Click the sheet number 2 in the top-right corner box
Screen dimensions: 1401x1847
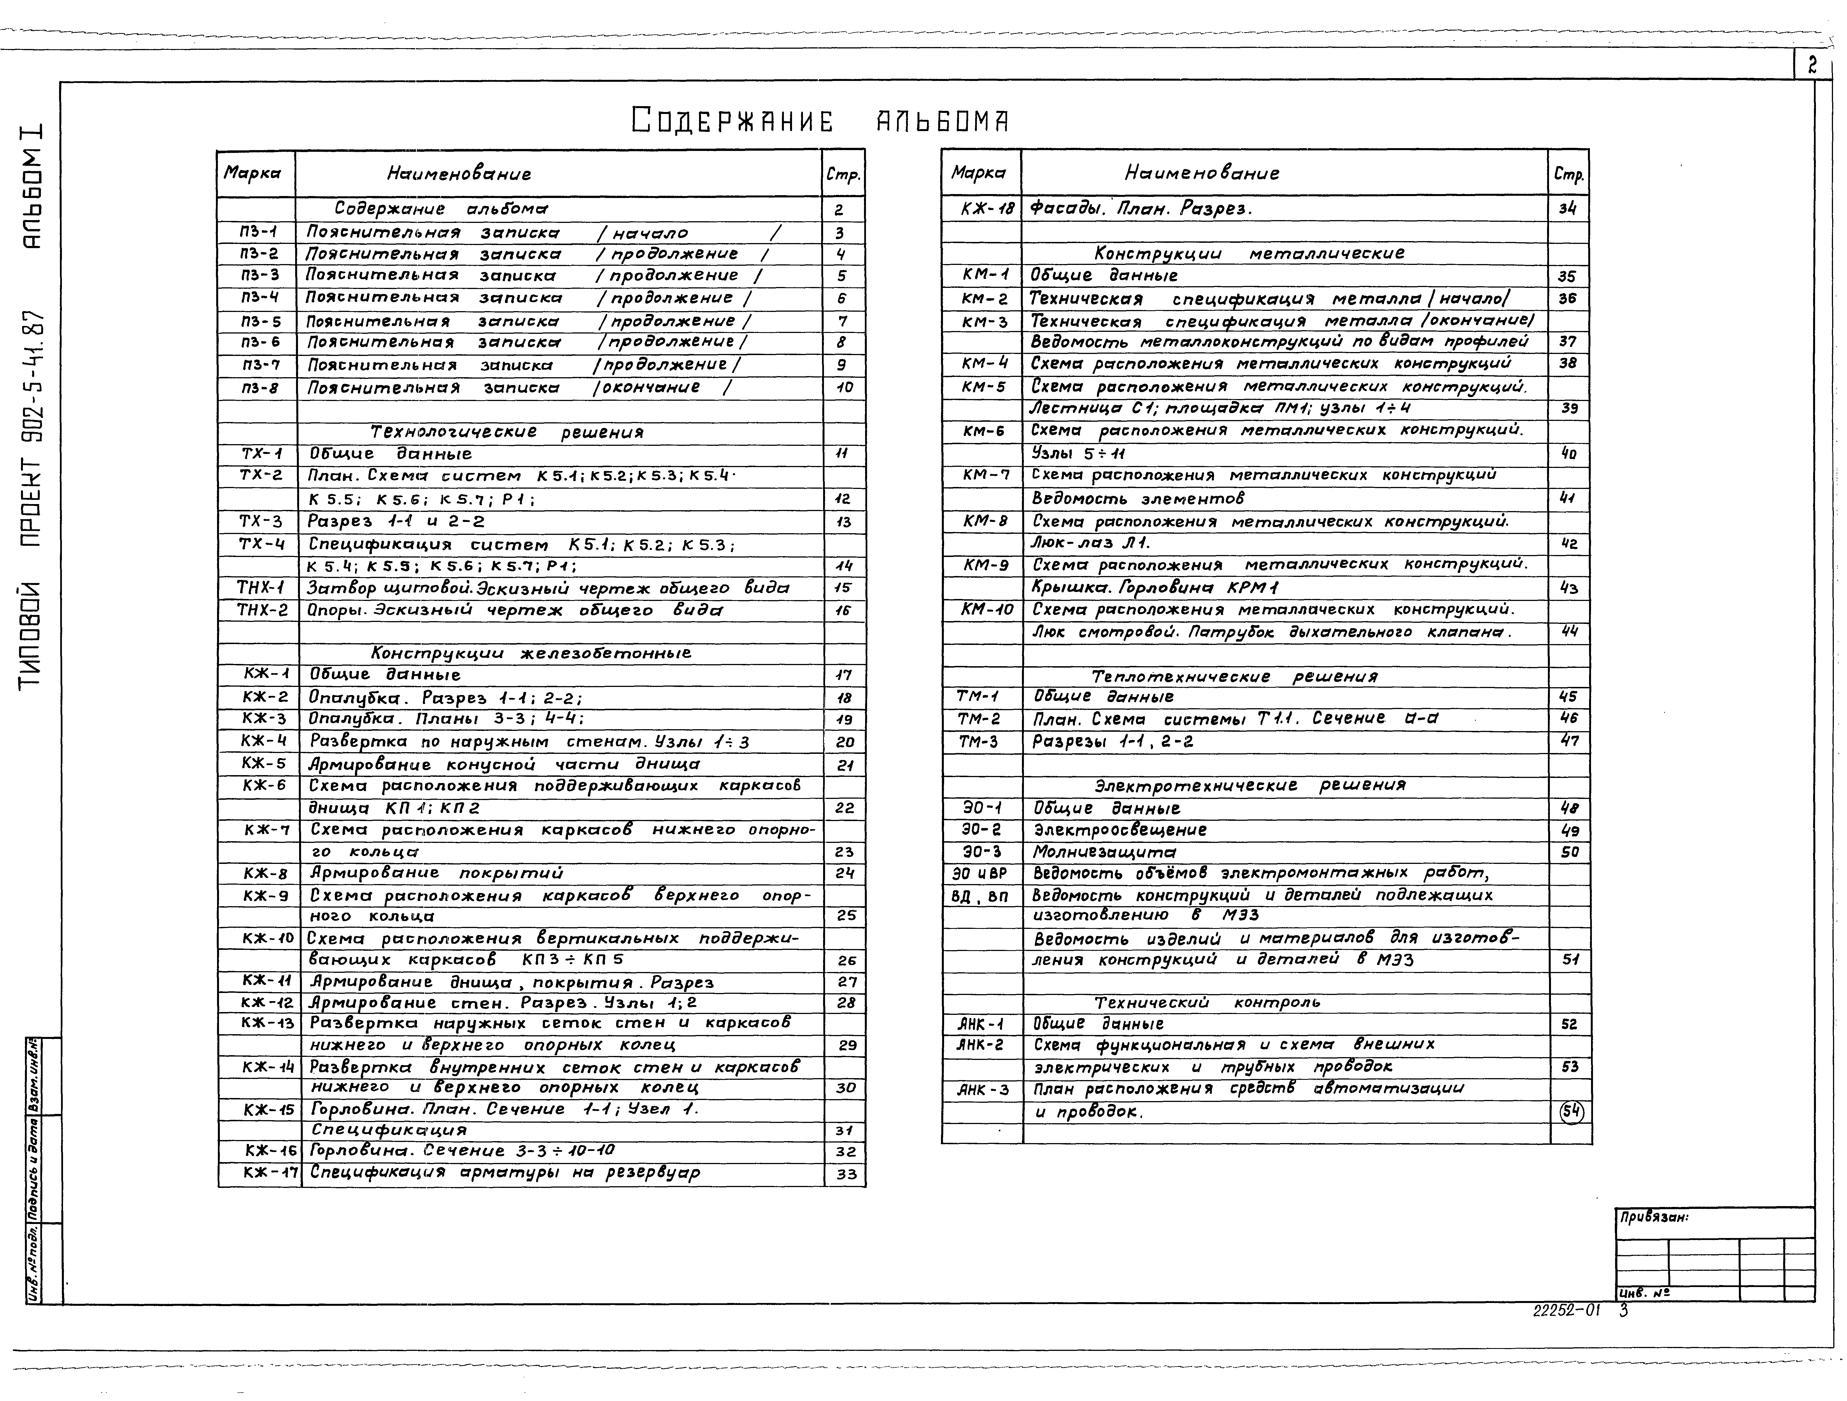(1812, 65)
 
